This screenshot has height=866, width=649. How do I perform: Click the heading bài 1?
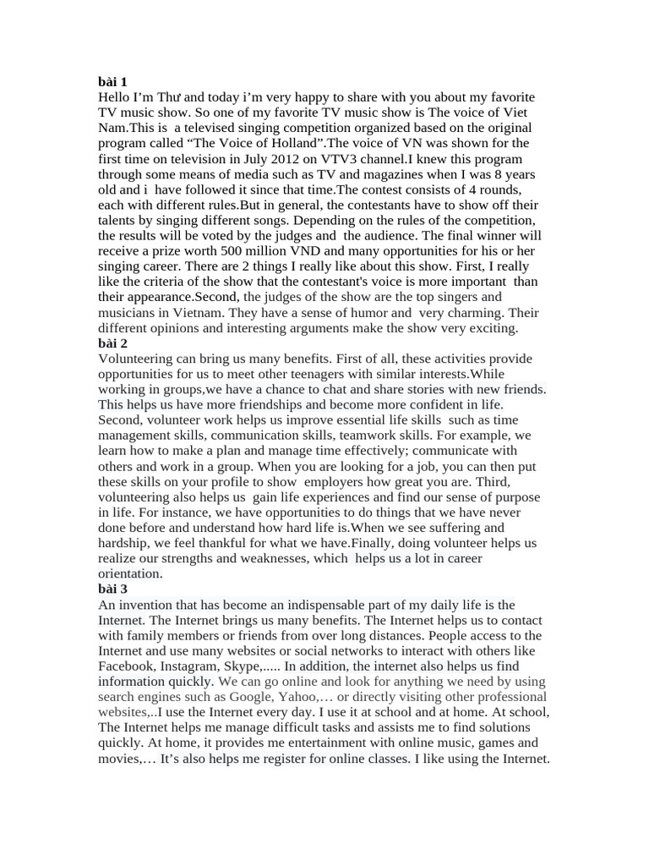[112, 82]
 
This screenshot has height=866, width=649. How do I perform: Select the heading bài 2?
[112, 343]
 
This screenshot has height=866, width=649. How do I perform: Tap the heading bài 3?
[112, 589]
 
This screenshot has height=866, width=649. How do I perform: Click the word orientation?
[130, 573]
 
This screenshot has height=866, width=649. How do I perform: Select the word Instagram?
[191, 666]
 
